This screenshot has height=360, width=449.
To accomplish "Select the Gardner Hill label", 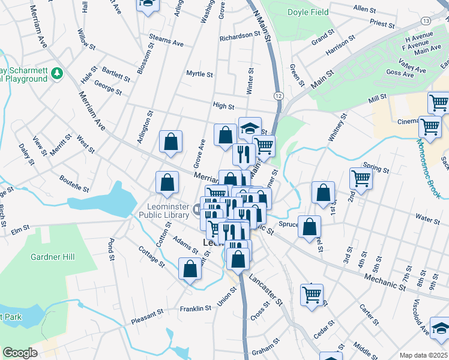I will (53, 257).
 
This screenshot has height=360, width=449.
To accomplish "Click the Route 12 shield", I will (279, 95).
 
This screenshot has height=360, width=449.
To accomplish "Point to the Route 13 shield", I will (426, 20).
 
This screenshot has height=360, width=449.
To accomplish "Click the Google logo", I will (20, 353).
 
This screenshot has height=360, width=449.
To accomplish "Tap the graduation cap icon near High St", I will (250, 128).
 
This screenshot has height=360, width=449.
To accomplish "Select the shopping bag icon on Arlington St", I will (171, 142).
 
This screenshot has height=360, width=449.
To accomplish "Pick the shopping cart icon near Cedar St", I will (312, 295).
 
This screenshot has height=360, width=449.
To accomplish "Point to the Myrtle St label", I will (199, 74).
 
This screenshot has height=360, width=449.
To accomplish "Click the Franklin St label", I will (196, 308).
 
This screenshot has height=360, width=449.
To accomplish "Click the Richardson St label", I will (240, 36).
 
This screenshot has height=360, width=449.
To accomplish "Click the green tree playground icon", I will (58, 73).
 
